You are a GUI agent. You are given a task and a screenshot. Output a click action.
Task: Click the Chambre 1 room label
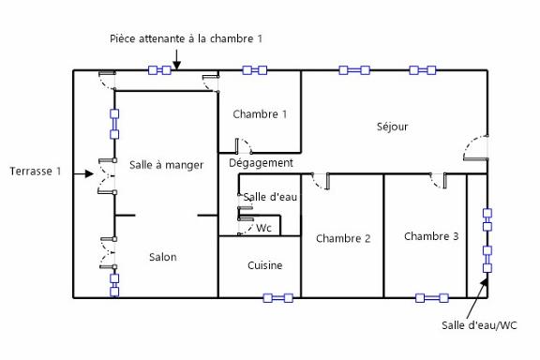pyautogui.click(x=260, y=114)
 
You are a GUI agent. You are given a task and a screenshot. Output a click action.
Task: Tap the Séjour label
pyautogui.click(x=392, y=127)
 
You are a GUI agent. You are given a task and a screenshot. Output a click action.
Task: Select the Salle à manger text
pyautogui.click(x=167, y=165)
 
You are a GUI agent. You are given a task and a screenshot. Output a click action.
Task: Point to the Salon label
pyautogui.click(x=162, y=257)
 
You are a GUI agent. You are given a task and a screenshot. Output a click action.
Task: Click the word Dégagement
pyautogui.click(x=261, y=163)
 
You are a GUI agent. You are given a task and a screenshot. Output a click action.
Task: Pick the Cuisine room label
pyautogui.click(x=264, y=265)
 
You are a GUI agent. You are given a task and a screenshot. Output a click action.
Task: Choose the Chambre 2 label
pyautogui.click(x=343, y=238)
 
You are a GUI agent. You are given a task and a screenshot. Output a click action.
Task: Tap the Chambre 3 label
pyautogui.click(x=431, y=236)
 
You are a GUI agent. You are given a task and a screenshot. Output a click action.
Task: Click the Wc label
pyautogui.click(x=264, y=228)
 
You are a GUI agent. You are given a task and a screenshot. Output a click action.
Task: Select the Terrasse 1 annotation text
pyautogui.click(x=36, y=172)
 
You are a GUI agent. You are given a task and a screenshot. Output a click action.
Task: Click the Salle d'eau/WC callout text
pyautogui.click(x=480, y=325)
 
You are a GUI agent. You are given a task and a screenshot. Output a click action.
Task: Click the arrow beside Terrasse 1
pyautogui.click(x=87, y=172)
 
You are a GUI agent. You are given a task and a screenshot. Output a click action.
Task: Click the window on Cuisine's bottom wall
pyautogui.click(x=277, y=298)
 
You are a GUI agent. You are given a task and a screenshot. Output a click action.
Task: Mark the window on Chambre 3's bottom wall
pyautogui.click(x=431, y=298)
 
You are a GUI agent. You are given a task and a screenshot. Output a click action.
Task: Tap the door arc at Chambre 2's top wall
pyautogui.click(x=322, y=181)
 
